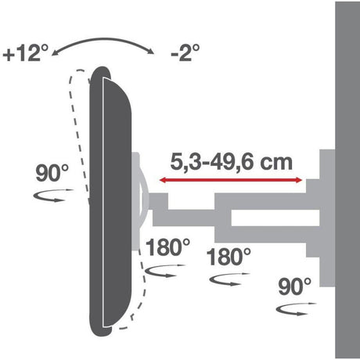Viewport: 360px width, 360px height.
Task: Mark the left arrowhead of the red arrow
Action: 163,182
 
